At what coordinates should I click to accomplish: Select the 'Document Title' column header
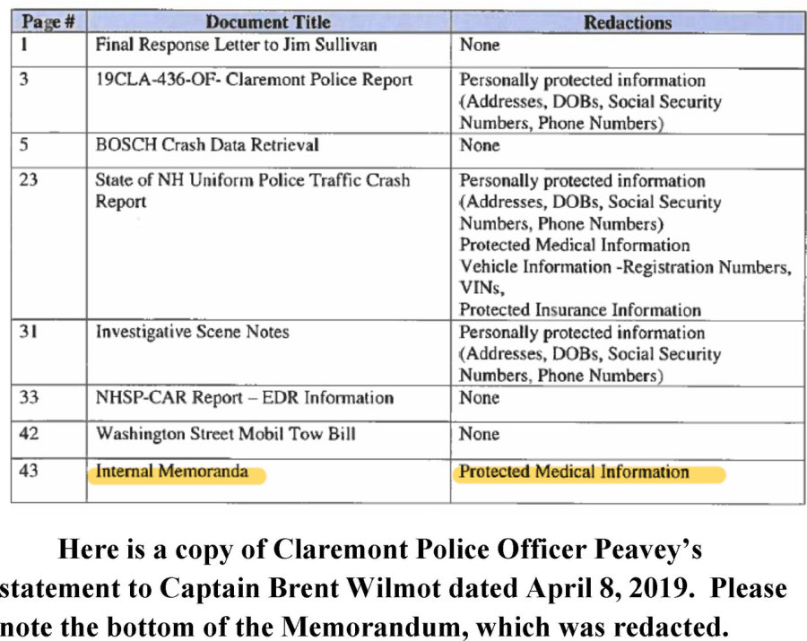268,22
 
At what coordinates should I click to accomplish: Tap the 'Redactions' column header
628,22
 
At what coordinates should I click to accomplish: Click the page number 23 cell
30,180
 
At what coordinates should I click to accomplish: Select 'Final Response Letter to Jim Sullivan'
237,44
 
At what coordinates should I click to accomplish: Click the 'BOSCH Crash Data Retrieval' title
207,144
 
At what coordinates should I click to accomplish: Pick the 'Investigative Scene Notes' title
193,332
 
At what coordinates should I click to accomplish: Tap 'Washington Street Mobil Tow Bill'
226,434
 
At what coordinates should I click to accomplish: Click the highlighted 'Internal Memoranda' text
173,472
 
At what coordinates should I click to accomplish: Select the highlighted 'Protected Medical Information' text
575,472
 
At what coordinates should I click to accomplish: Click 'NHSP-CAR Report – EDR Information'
245,396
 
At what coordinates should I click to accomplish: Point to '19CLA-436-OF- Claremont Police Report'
254,80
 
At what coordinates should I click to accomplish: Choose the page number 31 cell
30,332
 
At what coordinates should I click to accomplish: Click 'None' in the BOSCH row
480,144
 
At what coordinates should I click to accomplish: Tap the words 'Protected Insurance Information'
580,309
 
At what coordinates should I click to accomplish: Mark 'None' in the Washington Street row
480,434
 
